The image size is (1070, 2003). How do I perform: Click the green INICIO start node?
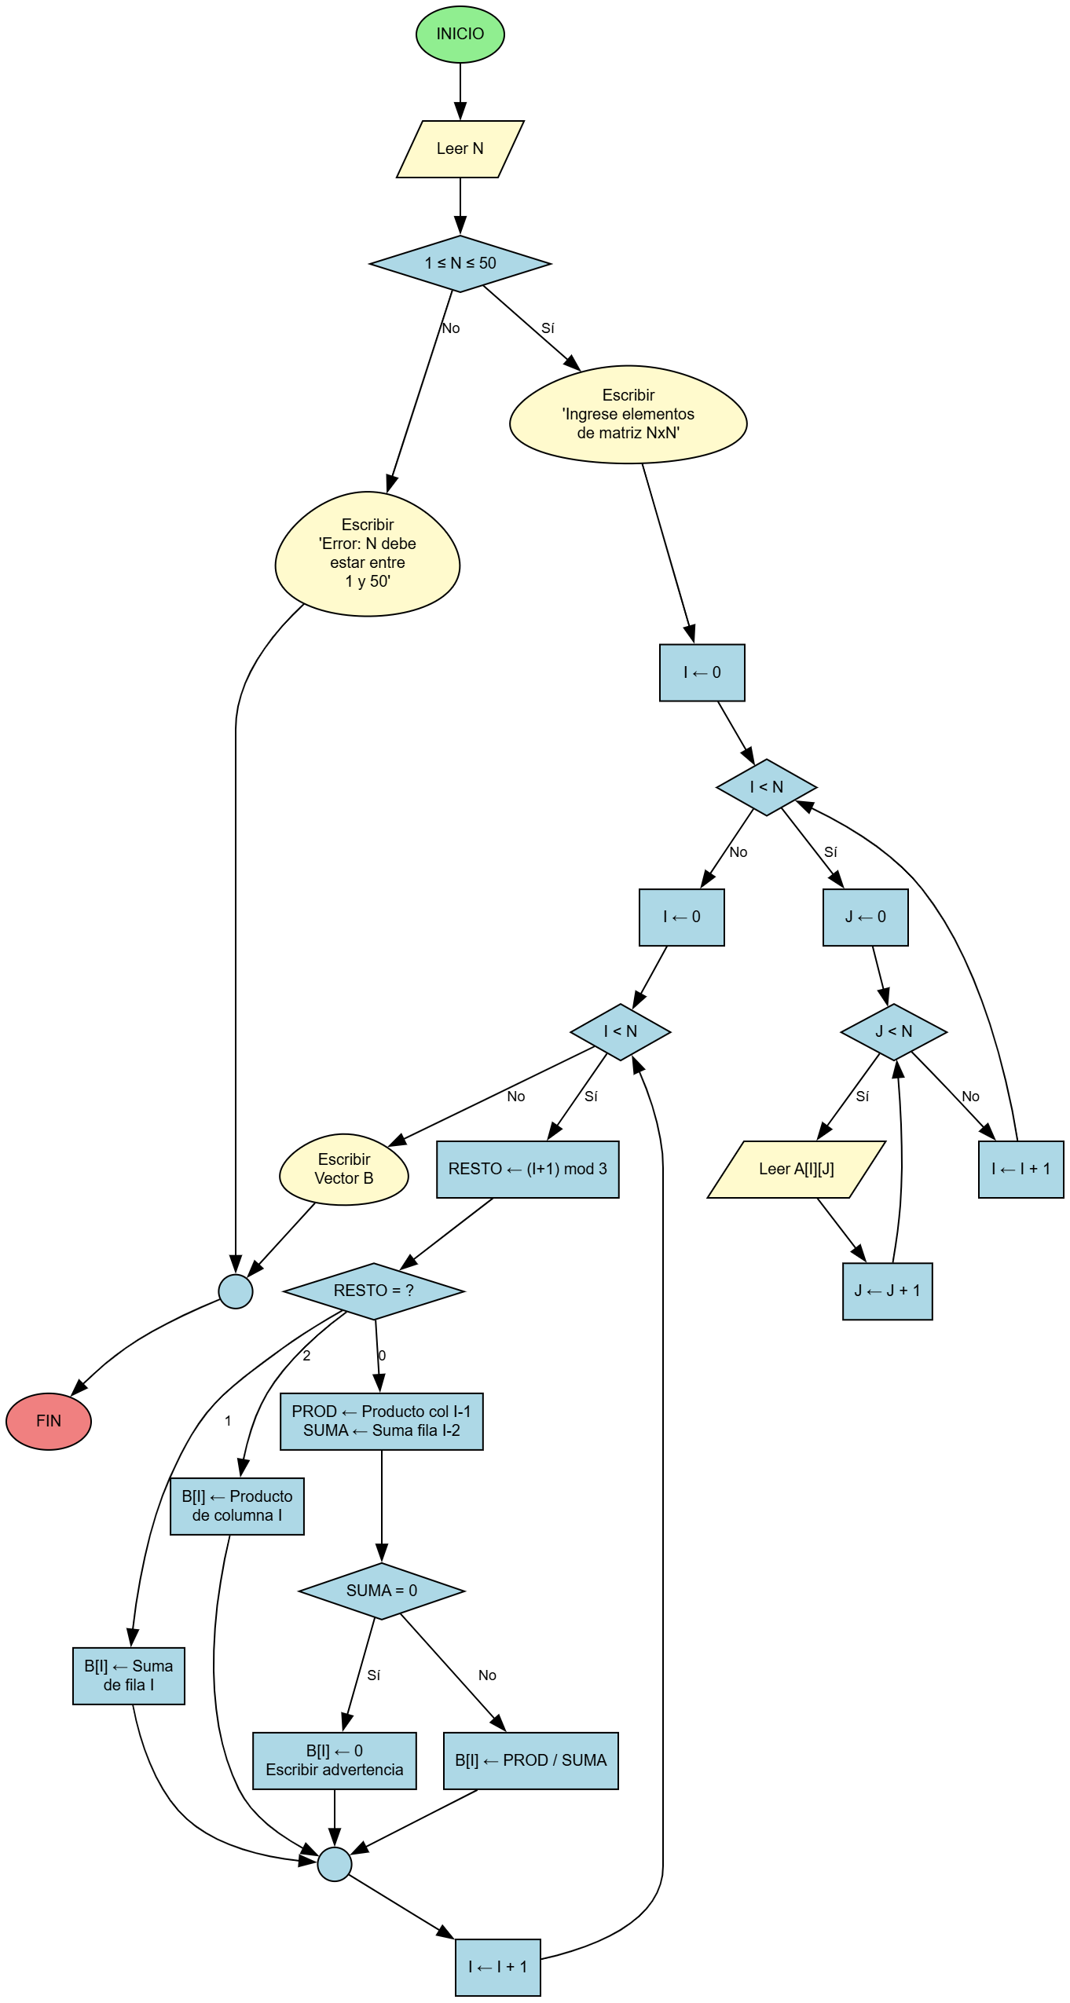coord(460,34)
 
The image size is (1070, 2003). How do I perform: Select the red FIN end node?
coord(49,1420)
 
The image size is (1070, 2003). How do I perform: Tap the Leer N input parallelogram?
coord(460,148)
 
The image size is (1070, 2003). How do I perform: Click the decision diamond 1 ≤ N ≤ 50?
coord(460,263)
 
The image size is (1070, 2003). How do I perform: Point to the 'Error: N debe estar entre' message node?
coord(367,554)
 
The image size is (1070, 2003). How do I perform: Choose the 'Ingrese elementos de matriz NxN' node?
coord(628,414)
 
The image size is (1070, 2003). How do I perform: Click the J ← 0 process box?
coord(865,917)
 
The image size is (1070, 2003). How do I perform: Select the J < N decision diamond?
coord(893,1031)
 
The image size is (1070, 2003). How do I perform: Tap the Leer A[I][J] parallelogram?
coord(796,1169)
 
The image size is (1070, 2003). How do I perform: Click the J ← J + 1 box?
coord(887,1291)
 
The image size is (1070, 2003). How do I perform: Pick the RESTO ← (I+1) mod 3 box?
coord(527,1169)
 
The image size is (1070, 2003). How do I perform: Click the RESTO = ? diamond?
coord(373,1291)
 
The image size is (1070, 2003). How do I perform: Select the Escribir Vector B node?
coord(343,1169)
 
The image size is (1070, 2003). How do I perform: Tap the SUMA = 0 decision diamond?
coord(381,1591)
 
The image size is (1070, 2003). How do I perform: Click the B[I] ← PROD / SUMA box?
coord(530,1760)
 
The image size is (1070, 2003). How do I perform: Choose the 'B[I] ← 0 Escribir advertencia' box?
coord(334,1760)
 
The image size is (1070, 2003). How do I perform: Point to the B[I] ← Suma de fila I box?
coord(128,1675)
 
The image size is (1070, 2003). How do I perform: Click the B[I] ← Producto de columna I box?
coord(236,1506)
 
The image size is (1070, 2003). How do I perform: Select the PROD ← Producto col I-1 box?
coord(381,1421)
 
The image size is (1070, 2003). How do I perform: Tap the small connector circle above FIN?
coord(235,1291)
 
